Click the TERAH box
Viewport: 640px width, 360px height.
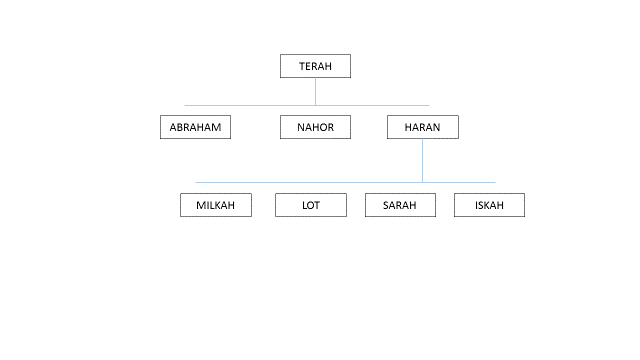coord(315,66)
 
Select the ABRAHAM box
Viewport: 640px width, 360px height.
coord(196,127)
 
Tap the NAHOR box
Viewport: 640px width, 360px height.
coord(315,127)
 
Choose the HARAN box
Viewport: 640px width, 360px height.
coord(423,127)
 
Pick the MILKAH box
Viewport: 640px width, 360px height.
coord(216,205)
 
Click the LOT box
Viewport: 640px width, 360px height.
coord(311,205)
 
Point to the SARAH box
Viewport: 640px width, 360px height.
coord(400,205)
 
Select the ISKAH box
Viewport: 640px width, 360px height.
coord(489,205)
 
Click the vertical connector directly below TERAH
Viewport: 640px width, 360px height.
coord(316,91)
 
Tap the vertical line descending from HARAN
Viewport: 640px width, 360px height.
coord(422,160)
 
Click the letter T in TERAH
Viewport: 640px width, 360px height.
coord(302,66)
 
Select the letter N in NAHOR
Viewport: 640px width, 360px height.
coord(300,127)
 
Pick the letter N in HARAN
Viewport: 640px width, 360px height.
coord(437,127)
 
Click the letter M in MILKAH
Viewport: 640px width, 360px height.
coord(200,205)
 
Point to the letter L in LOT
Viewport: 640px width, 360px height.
coord(304,205)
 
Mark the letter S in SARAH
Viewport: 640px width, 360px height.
coord(386,205)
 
